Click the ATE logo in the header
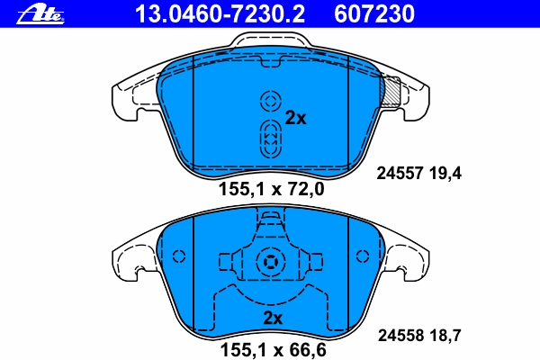coord(40,14)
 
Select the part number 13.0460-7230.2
coord(220,14)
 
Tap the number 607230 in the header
coord(374,14)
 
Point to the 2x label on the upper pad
coord(295,118)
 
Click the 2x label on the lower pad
coord(273,318)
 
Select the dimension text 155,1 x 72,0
coord(272,189)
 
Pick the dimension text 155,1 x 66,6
coord(273,350)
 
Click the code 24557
coord(400,174)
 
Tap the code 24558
coord(400,335)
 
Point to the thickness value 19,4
coord(445,174)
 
